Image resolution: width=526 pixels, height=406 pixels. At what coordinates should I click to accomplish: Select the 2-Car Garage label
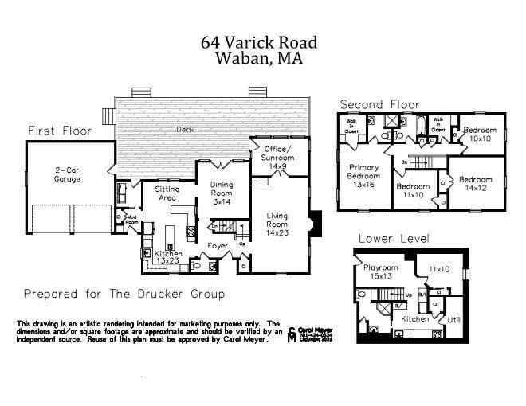point(70,174)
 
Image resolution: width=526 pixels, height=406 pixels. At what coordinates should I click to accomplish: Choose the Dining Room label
point(222,194)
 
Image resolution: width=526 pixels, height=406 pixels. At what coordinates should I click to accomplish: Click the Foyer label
point(218,245)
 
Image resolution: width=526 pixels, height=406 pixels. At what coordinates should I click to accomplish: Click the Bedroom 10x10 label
point(479,135)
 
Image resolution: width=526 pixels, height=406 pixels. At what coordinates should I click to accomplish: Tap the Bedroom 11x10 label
point(413,192)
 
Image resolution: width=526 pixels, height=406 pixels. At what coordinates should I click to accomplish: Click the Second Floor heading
point(379,104)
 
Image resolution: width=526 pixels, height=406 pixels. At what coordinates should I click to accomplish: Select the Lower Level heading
point(394,238)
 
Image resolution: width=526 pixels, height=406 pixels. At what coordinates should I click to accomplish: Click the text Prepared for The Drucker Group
point(124,294)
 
